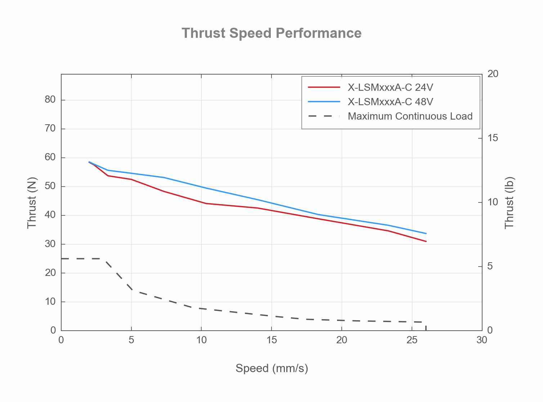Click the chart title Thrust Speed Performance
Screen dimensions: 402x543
tap(271, 33)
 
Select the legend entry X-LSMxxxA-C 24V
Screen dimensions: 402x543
tap(390, 87)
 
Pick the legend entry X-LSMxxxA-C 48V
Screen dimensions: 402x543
tap(390, 102)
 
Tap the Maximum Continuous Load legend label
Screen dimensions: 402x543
tap(410, 116)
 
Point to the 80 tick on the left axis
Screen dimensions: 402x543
tap(50, 100)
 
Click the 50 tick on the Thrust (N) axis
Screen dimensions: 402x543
tap(50, 186)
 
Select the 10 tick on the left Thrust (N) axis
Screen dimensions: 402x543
tap(50, 301)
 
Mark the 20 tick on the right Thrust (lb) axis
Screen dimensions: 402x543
tap(493, 74)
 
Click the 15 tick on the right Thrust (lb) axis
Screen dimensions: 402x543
tap(493, 138)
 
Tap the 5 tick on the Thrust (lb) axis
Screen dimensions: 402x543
tap(490, 266)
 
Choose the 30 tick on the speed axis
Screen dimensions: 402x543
tap(481, 340)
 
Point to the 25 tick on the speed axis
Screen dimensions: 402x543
tap(412, 340)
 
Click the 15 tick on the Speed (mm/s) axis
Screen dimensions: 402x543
tap(271, 340)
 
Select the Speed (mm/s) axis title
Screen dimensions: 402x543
tap(271, 368)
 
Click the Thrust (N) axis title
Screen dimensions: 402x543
tap(32, 202)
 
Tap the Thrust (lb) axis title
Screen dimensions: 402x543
tap(509, 202)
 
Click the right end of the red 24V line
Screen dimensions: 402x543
tap(426, 241)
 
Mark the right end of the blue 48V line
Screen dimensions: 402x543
tap(426, 233)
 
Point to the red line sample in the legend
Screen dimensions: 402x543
tap(324, 87)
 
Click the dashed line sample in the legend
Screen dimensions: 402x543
tap(324, 116)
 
